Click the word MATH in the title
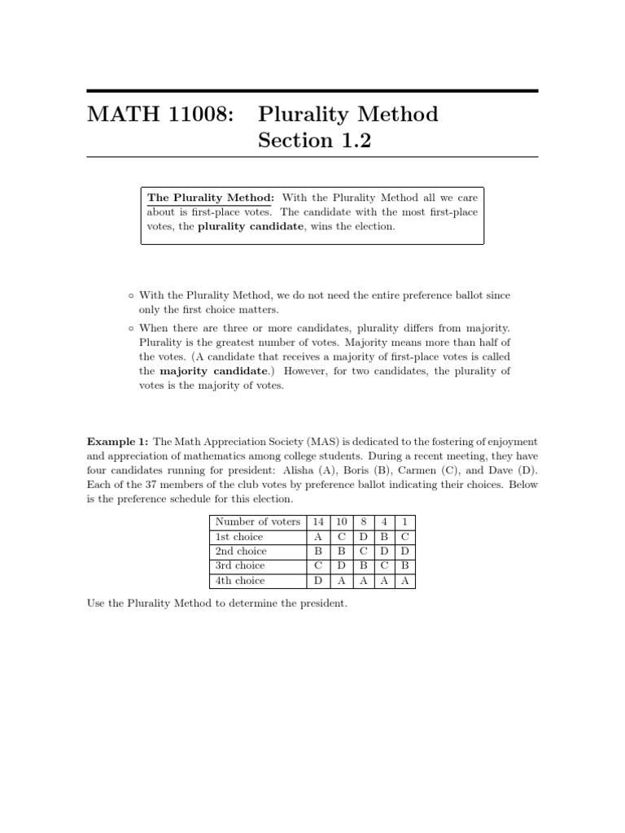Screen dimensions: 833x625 119,115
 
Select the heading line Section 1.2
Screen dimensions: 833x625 314,141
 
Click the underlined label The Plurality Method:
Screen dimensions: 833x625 211,198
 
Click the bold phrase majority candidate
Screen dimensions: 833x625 214,371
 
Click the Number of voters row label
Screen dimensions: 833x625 257,521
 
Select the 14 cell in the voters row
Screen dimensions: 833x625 317,521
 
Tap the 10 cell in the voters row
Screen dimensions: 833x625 342,521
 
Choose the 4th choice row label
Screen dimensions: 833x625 239,581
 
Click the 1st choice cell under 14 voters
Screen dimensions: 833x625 317,537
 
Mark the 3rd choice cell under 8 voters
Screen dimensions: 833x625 364,566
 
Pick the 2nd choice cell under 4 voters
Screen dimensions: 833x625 384,552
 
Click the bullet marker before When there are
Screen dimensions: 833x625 130,327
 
